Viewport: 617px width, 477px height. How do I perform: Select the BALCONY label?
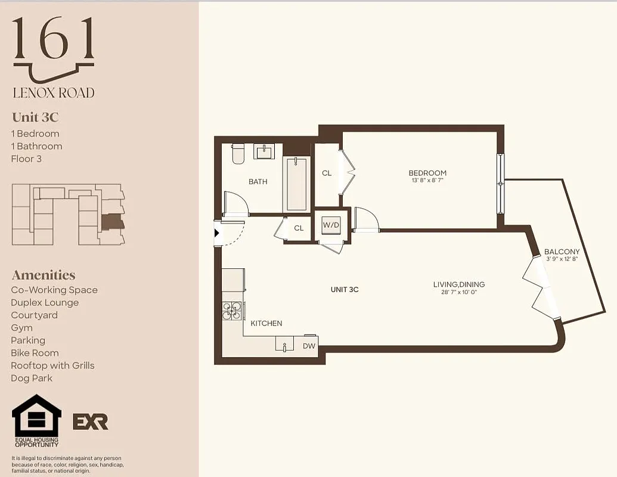point(562,252)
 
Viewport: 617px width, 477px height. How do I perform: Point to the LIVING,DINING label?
point(458,284)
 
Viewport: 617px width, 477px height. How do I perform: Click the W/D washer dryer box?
point(331,225)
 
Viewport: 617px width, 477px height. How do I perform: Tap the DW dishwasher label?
point(309,346)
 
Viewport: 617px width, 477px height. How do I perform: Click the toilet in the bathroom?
point(238,153)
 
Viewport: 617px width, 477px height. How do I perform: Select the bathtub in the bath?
point(296,184)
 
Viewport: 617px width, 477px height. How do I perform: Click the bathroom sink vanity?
point(264,151)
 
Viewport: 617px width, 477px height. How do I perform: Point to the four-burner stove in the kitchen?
point(232,311)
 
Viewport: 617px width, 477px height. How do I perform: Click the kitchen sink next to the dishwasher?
point(284,345)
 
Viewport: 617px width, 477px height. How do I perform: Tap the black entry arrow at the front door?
point(218,234)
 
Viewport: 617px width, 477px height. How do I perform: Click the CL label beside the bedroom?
point(327,173)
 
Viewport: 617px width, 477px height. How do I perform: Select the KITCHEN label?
point(266,323)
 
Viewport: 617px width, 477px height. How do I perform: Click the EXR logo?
point(90,422)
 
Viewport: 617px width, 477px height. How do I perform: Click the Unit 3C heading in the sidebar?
point(35,117)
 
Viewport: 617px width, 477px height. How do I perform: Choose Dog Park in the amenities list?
point(32,378)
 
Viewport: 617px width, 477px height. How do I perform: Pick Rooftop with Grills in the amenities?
point(52,366)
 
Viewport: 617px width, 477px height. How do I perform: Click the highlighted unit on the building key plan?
point(112,222)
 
